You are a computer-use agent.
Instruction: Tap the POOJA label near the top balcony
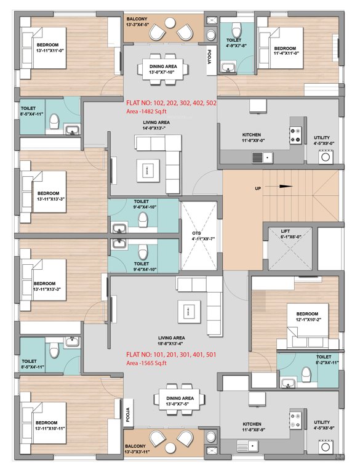click(x=209, y=57)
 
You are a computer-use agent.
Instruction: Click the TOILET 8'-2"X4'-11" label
click(x=324, y=360)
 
